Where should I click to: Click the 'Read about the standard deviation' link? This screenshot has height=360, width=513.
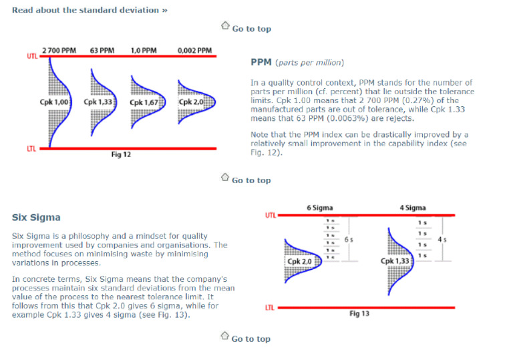[x=90, y=10]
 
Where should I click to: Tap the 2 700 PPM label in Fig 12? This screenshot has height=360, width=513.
[x=59, y=50]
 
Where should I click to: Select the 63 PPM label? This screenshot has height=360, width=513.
[x=102, y=50]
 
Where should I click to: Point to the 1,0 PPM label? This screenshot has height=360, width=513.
[x=144, y=50]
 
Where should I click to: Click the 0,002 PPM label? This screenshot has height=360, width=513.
[x=194, y=50]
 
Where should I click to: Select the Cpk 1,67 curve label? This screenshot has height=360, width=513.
[x=145, y=103]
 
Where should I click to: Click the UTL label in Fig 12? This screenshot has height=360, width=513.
[x=32, y=56]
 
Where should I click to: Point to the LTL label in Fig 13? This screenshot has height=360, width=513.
[x=270, y=307]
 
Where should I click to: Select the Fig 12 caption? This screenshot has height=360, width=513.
[x=121, y=154]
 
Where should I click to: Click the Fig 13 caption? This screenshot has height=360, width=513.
[x=359, y=313]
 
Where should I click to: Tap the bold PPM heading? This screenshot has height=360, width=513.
[x=261, y=62]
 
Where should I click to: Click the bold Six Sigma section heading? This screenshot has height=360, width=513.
[x=36, y=218]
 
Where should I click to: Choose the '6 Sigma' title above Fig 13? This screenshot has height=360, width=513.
[x=319, y=208]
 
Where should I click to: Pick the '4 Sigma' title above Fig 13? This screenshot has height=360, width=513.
[x=412, y=208]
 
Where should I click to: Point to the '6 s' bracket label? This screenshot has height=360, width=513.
[x=349, y=238]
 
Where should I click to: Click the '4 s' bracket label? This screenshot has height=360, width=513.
[x=442, y=238]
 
